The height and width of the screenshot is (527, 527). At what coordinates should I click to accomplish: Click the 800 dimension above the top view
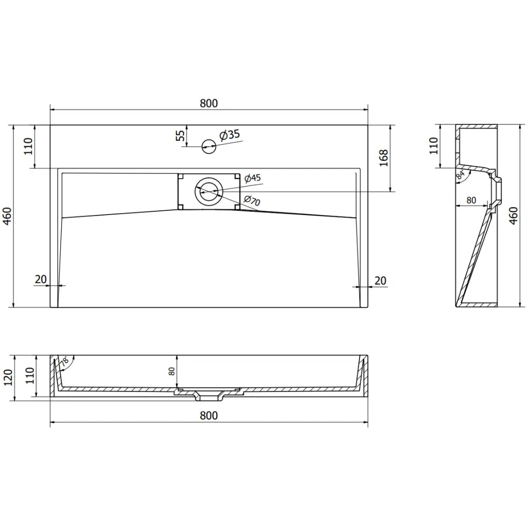tap(209, 104)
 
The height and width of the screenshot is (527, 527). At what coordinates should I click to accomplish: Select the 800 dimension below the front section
tap(209, 415)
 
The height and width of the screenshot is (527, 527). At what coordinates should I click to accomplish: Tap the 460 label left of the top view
tap(7, 216)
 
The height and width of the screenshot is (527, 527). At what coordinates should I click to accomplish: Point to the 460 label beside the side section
tap(515, 216)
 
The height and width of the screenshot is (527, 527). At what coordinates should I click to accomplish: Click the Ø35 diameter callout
tap(229, 135)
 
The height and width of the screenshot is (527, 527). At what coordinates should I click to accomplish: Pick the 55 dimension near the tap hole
tap(181, 135)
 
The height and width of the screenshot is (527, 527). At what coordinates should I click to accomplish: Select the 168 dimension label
tap(383, 157)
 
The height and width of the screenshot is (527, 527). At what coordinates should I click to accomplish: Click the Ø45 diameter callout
tap(252, 178)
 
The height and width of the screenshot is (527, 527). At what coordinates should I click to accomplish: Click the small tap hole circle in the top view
tap(209, 147)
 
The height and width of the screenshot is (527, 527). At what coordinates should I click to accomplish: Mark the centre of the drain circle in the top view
tap(209, 191)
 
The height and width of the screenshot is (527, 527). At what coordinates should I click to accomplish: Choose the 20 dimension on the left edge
tap(41, 280)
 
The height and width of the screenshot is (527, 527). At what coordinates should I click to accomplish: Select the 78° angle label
tap(65, 362)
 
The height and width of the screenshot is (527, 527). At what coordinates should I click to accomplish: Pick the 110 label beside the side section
tap(433, 145)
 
